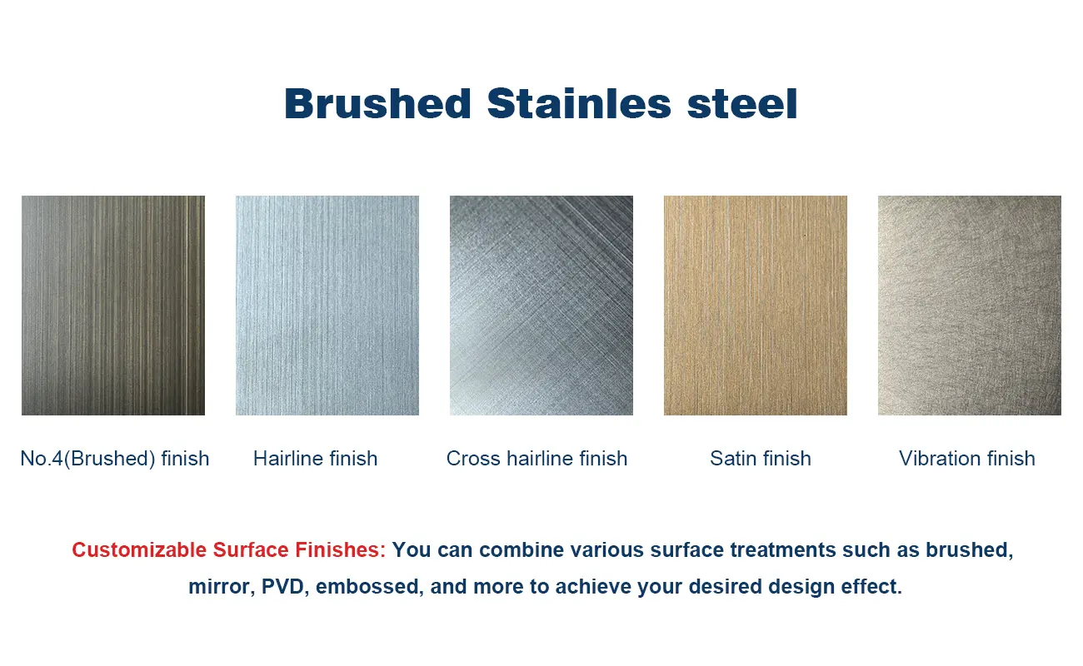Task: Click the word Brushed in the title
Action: [377, 104]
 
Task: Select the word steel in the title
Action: [742, 104]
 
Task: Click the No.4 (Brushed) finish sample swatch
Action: [113, 305]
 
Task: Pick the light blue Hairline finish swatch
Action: [327, 305]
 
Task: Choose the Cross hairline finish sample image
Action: [541, 305]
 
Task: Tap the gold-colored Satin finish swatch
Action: [756, 305]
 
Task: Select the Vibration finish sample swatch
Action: [970, 305]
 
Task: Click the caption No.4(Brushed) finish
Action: [115, 459]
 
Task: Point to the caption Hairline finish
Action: [316, 459]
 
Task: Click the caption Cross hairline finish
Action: [537, 459]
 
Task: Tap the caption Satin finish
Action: [761, 459]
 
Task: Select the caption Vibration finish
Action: [967, 459]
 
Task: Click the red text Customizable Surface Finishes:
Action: [229, 550]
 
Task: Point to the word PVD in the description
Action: [283, 587]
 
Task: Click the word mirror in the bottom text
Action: [219, 587]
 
